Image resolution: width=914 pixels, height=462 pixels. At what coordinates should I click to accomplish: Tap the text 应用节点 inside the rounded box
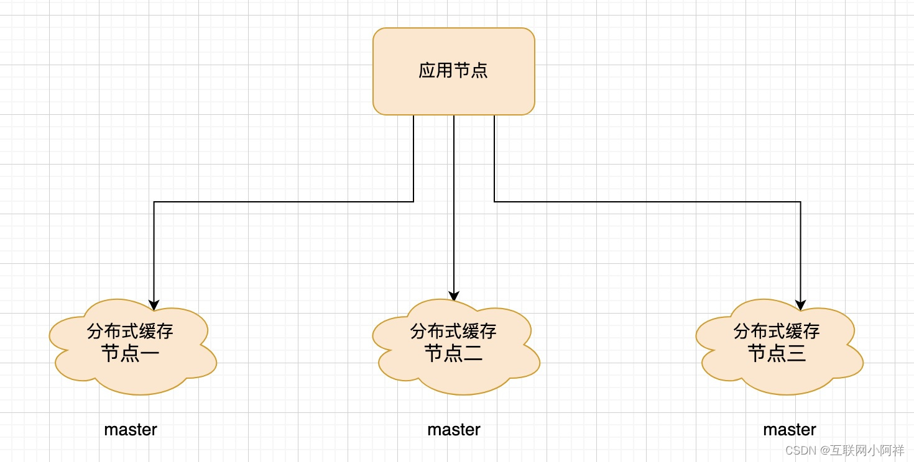[x=453, y=70]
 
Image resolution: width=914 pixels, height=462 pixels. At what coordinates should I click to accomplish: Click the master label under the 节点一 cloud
[x=131, y=430]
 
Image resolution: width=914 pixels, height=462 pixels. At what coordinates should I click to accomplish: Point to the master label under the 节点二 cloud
[x=454, y=430]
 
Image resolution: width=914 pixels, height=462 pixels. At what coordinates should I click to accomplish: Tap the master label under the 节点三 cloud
[x=790, y=430]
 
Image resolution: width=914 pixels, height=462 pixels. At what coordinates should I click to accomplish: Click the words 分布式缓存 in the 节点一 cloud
[x=130, y=331]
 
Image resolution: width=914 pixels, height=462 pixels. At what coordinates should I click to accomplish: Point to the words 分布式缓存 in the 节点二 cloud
[x=453, y=331]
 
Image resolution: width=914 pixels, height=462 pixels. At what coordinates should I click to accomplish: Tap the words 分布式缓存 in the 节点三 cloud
[x=777, y=331]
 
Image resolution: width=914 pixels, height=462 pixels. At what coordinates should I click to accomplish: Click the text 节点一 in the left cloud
[x=130, y=354]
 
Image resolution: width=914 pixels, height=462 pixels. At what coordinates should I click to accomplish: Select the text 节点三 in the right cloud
[x=777, y=354]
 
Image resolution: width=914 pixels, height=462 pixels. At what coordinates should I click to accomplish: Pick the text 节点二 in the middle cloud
[x=453, y=354]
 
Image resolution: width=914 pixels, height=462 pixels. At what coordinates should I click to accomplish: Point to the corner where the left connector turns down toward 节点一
[x=154, y=202]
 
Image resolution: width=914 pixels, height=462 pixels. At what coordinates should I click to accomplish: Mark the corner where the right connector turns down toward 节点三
[x=800, y=202]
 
